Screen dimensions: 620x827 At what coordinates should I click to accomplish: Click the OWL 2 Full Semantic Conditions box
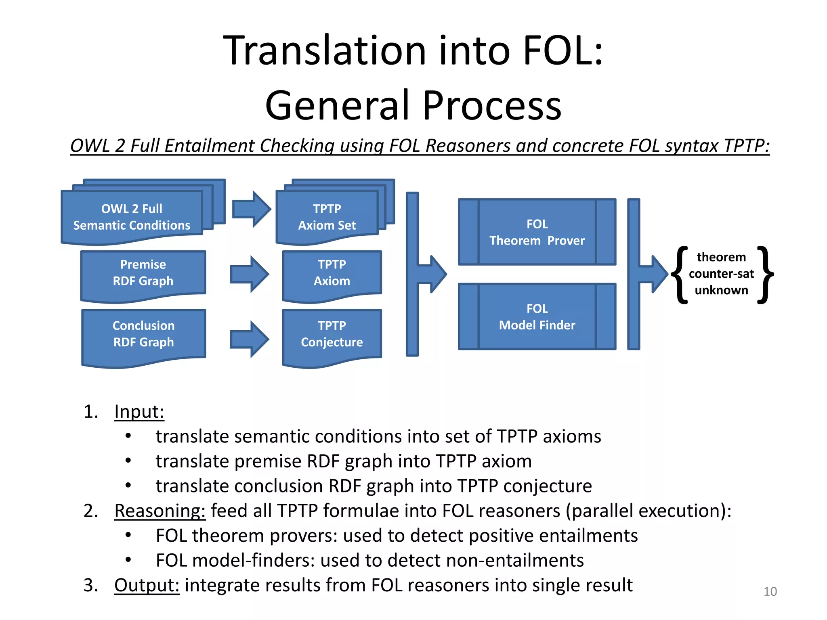132,217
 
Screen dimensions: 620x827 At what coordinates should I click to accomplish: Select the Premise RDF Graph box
143,272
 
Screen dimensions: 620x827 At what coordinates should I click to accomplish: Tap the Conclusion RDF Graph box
143,334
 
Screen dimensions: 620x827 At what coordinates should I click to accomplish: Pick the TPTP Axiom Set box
327,217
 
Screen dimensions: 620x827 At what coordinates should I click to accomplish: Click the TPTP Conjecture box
332,334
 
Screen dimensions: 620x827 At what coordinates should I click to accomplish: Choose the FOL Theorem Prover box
537,232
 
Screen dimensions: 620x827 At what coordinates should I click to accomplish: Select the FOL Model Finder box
537,317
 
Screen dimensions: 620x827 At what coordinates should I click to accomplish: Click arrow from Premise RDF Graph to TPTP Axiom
249,274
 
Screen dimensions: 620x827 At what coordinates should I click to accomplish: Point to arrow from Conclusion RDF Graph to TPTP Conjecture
249,339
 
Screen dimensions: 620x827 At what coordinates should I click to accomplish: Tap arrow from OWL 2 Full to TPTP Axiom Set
251,209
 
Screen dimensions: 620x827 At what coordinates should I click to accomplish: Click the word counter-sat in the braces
721,274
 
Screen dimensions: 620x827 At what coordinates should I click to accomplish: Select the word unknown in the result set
721,290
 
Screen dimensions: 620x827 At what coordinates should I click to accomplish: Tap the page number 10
770,591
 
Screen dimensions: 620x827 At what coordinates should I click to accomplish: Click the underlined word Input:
139,412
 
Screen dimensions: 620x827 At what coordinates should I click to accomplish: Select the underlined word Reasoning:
160,511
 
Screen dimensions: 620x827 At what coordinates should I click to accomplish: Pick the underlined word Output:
147,585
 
